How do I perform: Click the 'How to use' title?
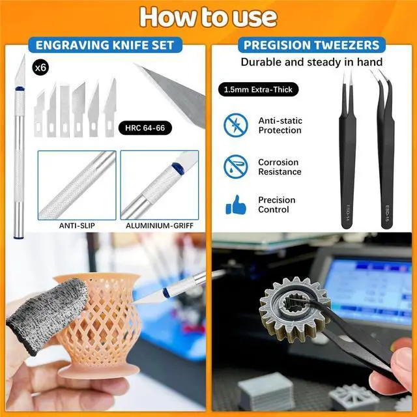click(208, 16)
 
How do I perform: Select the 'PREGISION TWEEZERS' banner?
click(311, 46)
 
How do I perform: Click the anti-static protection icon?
click(236, 125)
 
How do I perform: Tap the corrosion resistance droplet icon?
click(236, 167)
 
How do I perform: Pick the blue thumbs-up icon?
click(236, 206)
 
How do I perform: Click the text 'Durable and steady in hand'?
click(311, 63)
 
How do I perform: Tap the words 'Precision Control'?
click(277, 205)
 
